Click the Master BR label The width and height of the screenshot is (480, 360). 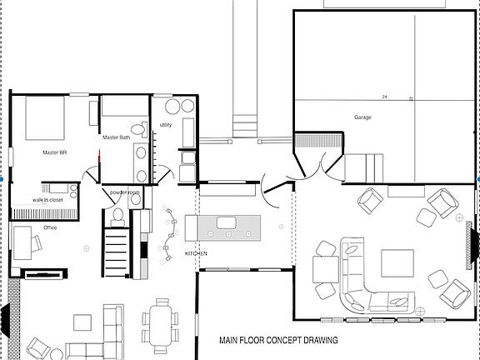click(x=54, y=152)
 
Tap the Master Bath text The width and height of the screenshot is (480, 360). click(x=116, y=137)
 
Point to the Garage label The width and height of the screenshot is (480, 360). click(x=362, y=117)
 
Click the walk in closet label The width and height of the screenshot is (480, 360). click(x=48, y=200)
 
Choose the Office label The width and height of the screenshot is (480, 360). click(x=50, y=227)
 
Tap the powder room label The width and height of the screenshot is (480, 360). click(x=125, y=192)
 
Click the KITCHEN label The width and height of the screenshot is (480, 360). click(x=196, y=252)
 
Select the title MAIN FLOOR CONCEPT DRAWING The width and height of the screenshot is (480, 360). click(x=278, y=340)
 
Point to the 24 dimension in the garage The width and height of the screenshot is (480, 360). click(x=385, y=97)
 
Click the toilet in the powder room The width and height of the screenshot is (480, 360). click(x=117, y=217)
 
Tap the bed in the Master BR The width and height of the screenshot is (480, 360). click(x=50, y=119)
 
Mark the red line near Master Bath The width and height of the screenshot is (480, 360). click(x=98, y=157)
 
